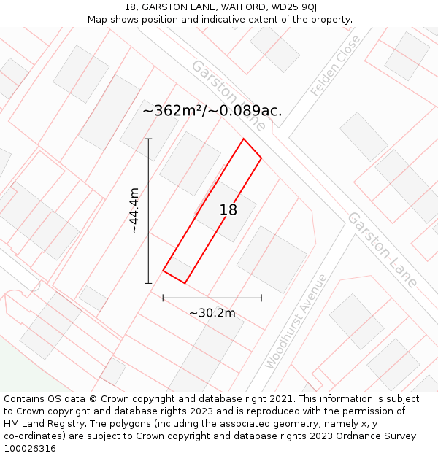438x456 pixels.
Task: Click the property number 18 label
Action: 228,210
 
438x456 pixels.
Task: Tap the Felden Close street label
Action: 336,66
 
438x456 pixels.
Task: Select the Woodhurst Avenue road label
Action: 296,321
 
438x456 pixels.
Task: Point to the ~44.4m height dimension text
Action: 134,211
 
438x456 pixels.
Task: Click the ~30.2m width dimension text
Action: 212,313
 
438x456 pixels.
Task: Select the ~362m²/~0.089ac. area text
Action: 212,111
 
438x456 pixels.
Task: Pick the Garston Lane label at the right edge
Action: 383,250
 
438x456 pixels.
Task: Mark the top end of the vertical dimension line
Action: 148,139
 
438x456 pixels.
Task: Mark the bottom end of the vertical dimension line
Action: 148,283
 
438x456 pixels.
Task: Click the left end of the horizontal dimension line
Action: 163,298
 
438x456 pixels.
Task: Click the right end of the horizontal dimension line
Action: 261,298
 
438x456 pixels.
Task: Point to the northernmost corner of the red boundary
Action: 243,139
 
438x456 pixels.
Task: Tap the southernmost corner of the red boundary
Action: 185,283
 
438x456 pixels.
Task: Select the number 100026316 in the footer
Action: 30,449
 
